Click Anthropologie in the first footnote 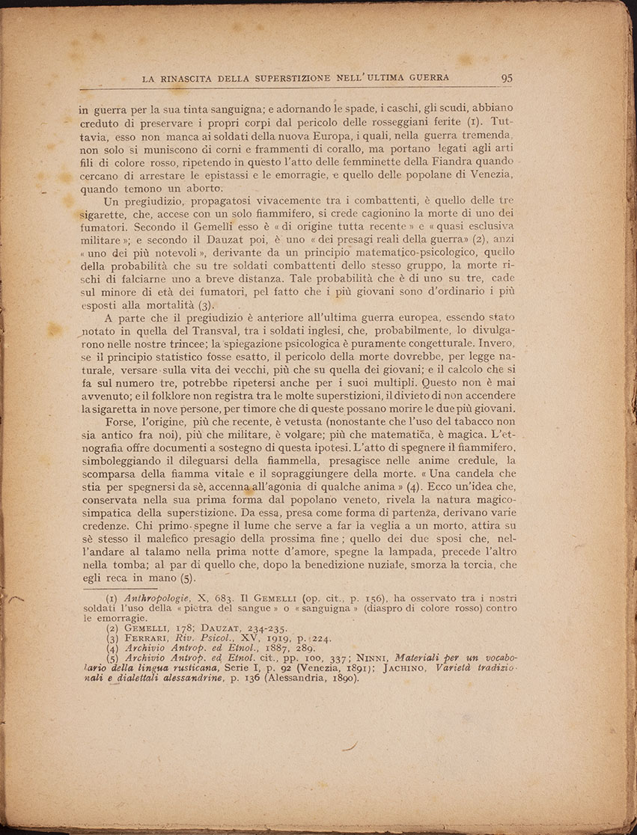pyautogui.click(x=155, y=598)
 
